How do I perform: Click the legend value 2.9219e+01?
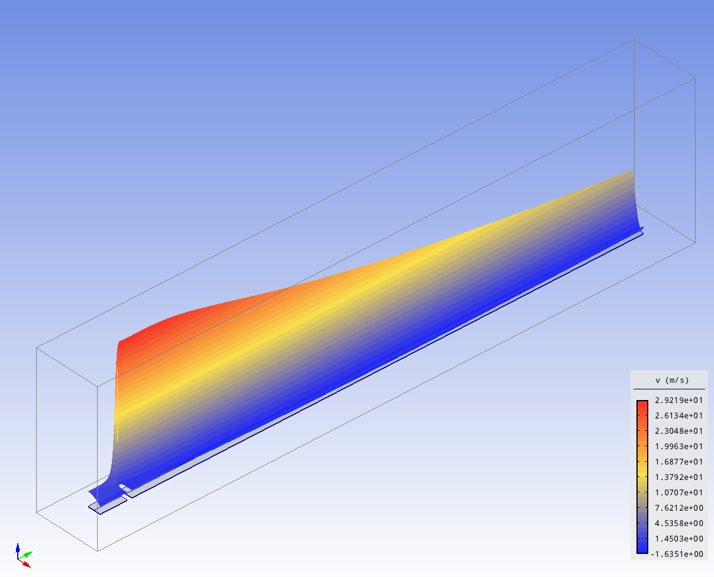click(679, 400)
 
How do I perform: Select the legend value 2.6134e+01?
click(679, 415)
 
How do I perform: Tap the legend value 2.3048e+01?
click(679, 431)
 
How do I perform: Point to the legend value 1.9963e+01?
click(679, 446)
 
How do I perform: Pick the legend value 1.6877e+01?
click(679, 462)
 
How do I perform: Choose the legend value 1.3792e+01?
click(679, 477)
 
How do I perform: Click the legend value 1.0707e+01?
click(679, 492)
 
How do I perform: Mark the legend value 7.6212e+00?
click(679, 508)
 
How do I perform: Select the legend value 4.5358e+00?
click(679, 523)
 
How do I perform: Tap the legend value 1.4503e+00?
click(679, 539)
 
